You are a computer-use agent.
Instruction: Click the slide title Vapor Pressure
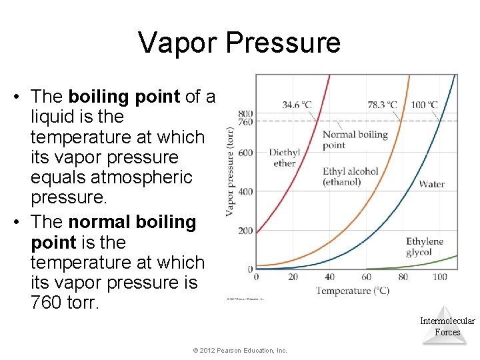[239, 43]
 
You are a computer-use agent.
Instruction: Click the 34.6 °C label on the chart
[297, 105]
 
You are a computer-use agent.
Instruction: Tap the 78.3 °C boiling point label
[382, 105]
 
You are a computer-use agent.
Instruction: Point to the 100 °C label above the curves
[424, 105]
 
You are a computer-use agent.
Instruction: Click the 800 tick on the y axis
[245, 113]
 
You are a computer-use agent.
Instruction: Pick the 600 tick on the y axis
[245, 153]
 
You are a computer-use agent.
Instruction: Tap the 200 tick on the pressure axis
[245, 231]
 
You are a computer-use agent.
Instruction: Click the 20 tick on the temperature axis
[293, 277]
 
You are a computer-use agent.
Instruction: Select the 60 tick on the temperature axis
[366, 277]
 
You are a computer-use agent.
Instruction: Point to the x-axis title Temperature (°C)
[353, 291]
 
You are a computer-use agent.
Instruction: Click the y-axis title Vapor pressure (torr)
[230, 171]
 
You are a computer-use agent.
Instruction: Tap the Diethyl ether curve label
[285, 157]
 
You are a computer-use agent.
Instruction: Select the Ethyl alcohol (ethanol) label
[350, 177]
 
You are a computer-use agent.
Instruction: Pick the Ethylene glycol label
[425, 247]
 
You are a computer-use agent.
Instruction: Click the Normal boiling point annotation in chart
[355, 139]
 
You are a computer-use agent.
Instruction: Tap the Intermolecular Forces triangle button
[447, 326]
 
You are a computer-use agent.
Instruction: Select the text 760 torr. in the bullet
[64, 303]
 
